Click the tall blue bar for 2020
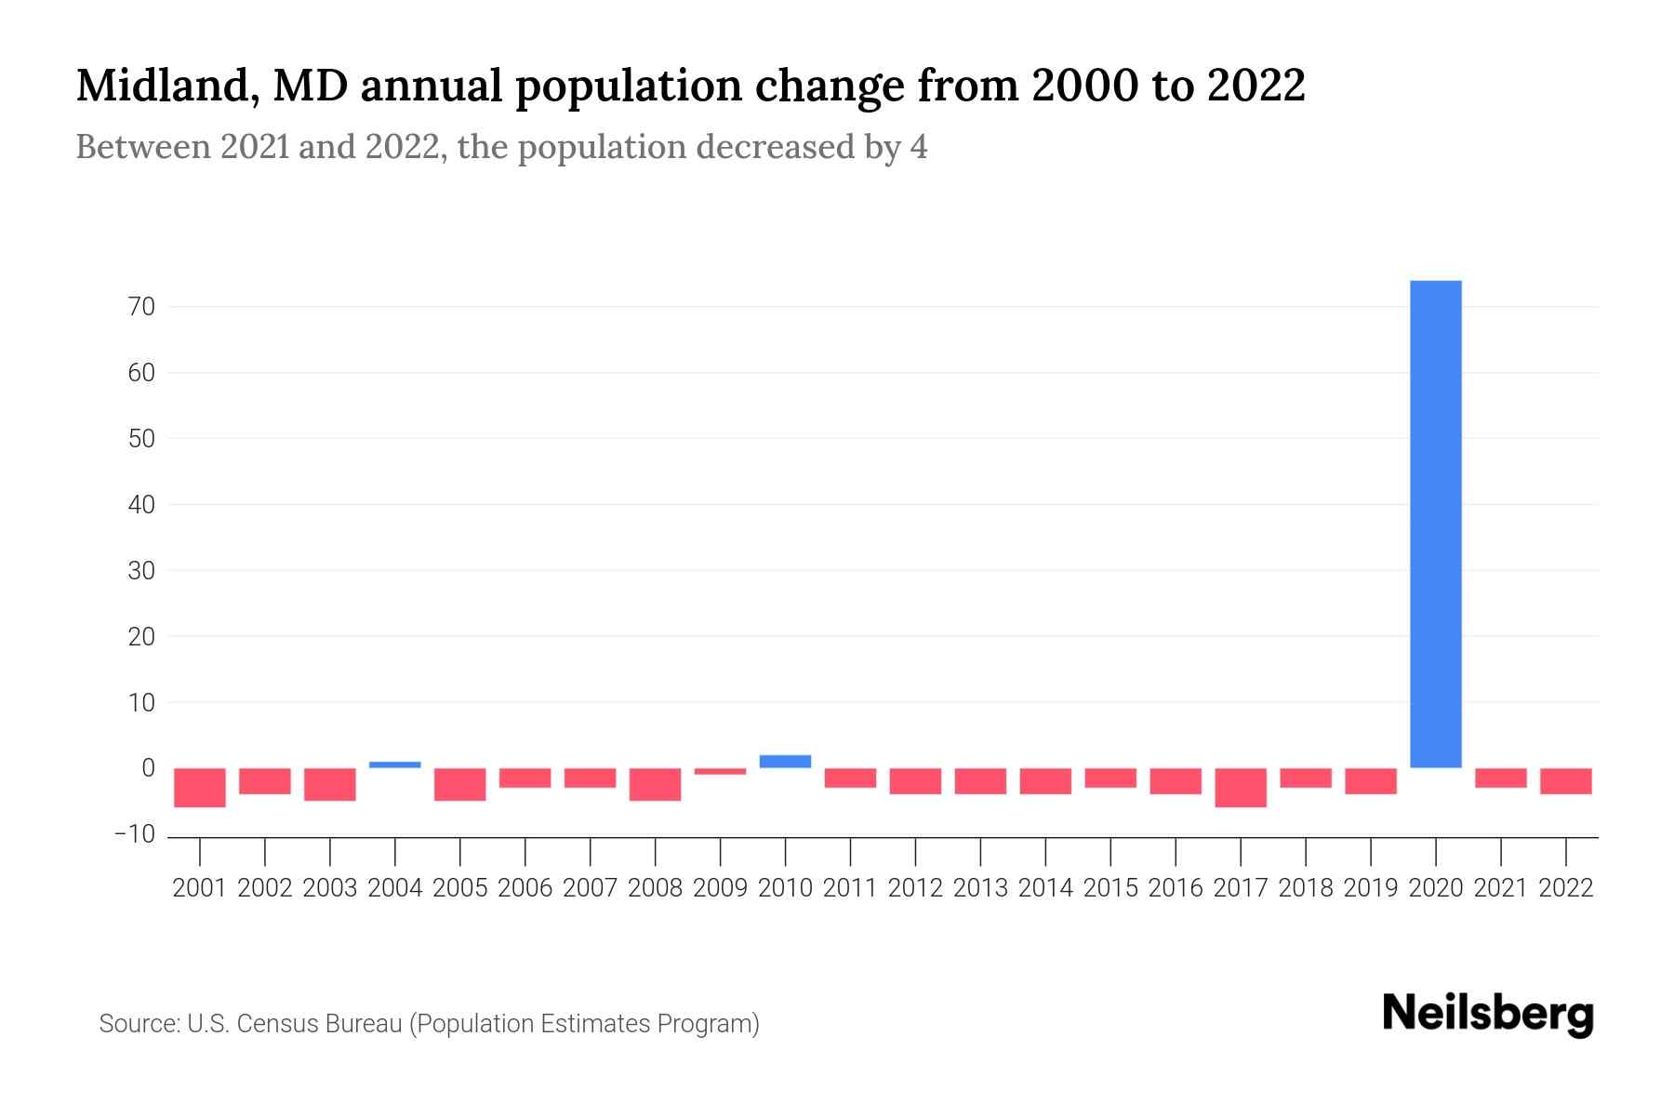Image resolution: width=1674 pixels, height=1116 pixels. (1435, 524)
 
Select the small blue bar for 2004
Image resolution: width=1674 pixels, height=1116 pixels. (394, 764)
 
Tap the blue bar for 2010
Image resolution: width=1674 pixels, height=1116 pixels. (785, 761)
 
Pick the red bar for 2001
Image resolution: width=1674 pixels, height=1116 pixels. (200, 788)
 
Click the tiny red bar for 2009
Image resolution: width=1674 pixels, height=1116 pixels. (720, 771)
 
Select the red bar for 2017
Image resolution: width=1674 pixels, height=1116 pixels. (1240, 788)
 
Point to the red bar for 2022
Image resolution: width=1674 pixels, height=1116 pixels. (1565, 781)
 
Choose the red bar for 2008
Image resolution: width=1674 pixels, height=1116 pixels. (655, 784)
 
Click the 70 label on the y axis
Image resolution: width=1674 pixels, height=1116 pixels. (141, 306)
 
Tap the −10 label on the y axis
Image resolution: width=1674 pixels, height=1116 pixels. (134, 834)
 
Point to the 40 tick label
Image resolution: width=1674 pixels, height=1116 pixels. (141, 504)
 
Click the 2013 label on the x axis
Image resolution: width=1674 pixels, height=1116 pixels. (980, 888)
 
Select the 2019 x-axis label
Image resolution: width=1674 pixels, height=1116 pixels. (1370, 888)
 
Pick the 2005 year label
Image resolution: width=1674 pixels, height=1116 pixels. (459, 888)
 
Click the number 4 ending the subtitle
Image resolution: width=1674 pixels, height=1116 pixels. (919, 148)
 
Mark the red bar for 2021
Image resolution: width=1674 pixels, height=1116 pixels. (1500, 777)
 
